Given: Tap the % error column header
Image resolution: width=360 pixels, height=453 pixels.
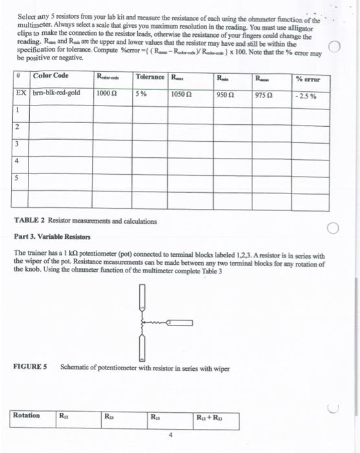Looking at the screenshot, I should click(x=308, y=79).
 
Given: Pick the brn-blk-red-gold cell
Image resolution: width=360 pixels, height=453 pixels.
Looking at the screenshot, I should click(x=56, y=93).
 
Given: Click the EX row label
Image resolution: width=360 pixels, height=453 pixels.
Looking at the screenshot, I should click(x=21, y=93).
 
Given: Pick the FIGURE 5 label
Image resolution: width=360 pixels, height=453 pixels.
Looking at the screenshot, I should click(x=30, y=367).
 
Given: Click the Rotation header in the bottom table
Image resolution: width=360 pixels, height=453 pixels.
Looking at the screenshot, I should click(x=27, y=415).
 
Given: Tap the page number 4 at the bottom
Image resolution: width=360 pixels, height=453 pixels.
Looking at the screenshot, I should click(x=170, y=435).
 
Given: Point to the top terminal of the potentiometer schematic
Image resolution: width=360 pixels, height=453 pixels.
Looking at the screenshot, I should click(x=139, y=297).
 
